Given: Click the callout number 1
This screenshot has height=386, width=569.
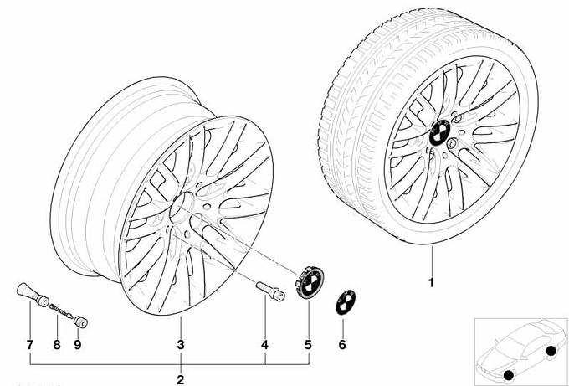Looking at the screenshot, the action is (x=432, y=282).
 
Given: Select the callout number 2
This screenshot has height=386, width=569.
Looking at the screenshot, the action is (x=181, y=380).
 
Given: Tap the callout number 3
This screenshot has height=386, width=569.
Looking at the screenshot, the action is (x=181, y=345).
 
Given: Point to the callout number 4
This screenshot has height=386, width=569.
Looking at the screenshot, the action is (x=265, y=345).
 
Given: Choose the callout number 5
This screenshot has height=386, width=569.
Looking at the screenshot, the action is (x=308, y=345).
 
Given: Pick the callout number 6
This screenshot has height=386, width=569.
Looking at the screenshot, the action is (x=342, y=345).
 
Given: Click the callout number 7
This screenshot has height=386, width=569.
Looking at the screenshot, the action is (x=30, y=345).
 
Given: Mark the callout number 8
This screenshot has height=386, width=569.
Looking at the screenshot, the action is (x=57, y=345).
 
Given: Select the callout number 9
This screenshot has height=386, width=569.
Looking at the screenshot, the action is (x=77, y=345).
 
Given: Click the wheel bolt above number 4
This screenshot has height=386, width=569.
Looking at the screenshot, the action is (x=270, y=291).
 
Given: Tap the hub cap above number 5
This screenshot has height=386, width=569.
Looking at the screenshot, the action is (x=310, y=282).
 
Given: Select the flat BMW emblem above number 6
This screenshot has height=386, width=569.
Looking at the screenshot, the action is (x=346, y=302).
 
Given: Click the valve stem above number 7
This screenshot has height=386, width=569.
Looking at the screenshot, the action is (x=33, y=295).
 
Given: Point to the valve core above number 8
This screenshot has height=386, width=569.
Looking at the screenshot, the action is (x=61, y=311).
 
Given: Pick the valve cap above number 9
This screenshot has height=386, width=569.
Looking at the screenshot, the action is (x=80, y=322).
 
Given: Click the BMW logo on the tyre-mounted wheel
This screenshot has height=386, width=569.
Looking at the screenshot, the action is (x=440, y=132).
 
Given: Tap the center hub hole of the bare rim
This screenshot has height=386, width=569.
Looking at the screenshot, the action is (x=182, y=208).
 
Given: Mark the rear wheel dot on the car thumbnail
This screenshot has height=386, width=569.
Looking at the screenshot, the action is (x=551, y=351).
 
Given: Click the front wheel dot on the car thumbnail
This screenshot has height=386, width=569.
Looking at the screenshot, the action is (x=509, y=375).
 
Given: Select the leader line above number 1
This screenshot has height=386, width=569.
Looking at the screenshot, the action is (x=432, y=260).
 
